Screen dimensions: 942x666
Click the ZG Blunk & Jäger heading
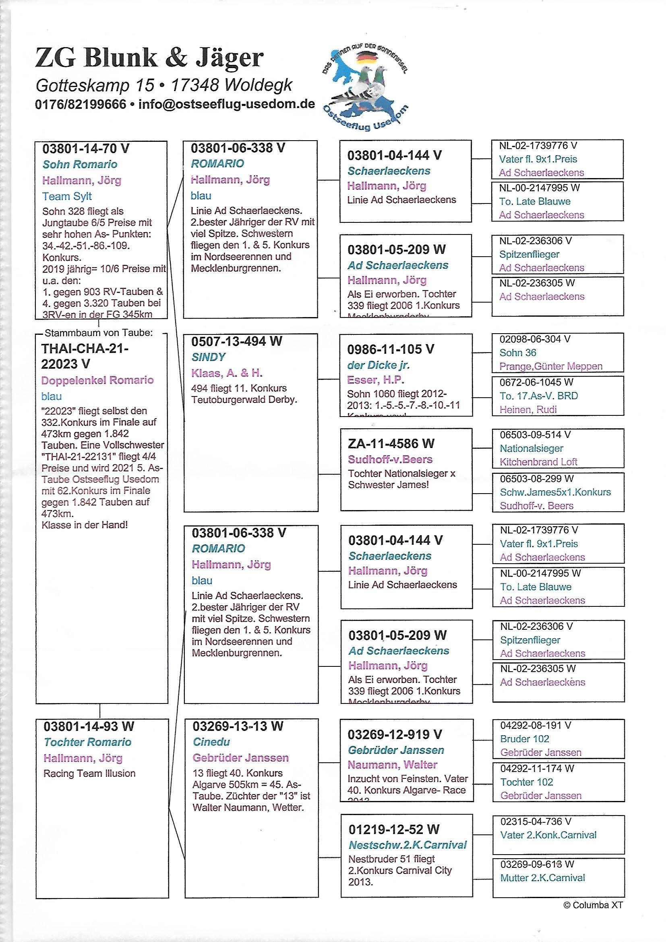tap(149, 58)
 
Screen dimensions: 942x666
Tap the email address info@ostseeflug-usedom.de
tap(226, 104)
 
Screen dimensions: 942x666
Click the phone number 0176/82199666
tap(81, 104)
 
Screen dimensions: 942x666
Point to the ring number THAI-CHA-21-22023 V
tap(85, 356)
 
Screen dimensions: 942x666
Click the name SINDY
tap(208, 357)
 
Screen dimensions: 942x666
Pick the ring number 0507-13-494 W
tap(237, 341)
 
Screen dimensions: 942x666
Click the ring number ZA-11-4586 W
tap(391, 444)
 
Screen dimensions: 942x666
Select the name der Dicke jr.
tap(379, 365)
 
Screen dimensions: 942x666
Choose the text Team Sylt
tap(67, 196)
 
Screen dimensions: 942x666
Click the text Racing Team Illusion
tap(89, 773)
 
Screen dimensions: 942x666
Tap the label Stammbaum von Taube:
tap(98, 333)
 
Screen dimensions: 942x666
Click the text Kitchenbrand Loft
tap(538, 462)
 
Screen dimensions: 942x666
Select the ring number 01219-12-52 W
tap(394, 829)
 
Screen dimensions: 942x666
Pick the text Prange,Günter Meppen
tap(550, 366)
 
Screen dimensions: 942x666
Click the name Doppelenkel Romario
tap(97, 380)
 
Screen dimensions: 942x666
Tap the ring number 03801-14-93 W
tap(89, 726)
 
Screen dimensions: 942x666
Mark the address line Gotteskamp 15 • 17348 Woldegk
tap(164, 85)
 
